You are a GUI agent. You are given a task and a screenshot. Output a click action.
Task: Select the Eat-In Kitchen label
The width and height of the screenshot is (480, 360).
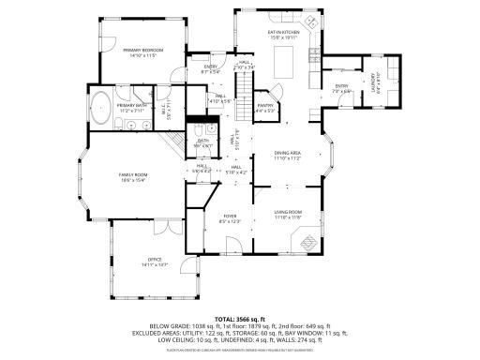pos(283,36)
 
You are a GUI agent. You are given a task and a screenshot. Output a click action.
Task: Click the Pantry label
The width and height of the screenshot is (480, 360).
pos(265,108)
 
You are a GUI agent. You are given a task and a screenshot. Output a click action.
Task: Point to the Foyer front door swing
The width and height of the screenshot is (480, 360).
pos(234,248)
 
